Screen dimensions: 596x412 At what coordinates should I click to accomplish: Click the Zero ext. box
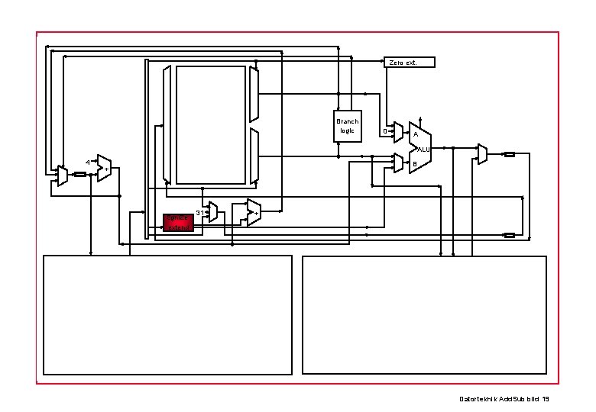pos(409,62)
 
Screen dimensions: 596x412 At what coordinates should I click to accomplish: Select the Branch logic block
pos(347,126)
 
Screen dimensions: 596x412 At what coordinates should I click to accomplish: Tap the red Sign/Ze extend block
pos(179,222)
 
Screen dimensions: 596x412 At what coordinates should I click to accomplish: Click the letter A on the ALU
pos(415,135)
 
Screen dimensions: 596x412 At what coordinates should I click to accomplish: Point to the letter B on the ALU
pos(415,164)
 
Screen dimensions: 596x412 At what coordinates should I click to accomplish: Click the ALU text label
pos(424,149)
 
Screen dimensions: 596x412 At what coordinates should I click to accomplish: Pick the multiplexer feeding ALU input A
pos(398,134)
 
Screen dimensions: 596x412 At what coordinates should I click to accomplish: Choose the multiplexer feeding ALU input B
pos(398,163)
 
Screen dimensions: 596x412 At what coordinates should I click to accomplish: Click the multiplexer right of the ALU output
pos(482,154)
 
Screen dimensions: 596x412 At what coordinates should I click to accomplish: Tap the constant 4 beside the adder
pos(88,163)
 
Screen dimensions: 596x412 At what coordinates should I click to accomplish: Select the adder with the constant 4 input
pos(104,168)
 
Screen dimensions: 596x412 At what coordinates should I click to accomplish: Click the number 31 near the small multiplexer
pos(199,212)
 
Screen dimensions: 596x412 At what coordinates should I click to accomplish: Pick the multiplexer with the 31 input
pos(213,212)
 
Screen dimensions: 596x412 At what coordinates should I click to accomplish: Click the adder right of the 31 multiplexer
pos(253,213)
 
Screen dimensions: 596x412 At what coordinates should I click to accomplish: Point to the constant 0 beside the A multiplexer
pos(384,131)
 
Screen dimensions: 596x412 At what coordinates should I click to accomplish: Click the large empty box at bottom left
pos(167,314)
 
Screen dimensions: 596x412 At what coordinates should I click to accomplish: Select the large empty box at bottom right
pos(424,314)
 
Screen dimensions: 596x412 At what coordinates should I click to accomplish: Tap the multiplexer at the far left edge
pos(62,176)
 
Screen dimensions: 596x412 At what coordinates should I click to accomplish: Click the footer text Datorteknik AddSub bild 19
pos(504,399)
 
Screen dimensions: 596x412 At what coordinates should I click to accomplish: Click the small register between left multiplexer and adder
pos(80,175)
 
